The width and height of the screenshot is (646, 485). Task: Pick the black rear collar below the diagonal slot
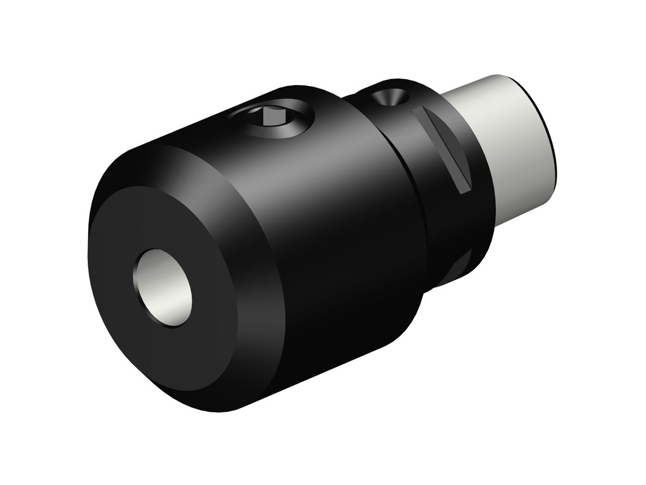click(x=458, y=226)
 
